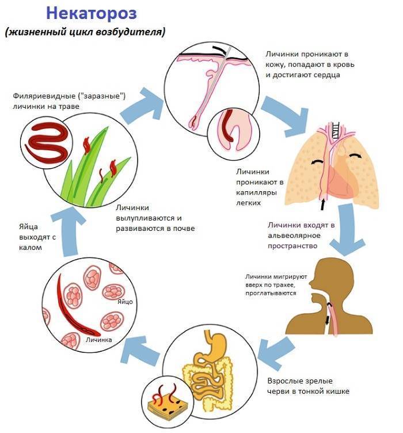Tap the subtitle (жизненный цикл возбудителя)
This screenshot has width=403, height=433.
tap(85, 32)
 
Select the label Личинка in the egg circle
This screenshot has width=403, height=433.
tap(98, 340)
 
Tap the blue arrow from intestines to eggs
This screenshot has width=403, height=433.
tap(145, 345)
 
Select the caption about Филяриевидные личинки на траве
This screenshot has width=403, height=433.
tap(66, 101)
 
